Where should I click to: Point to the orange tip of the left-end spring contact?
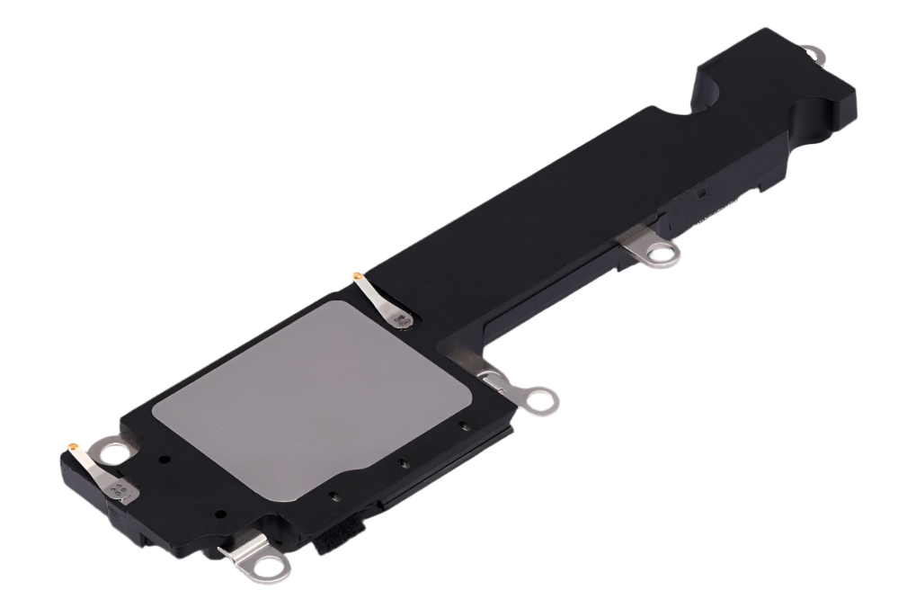pyautogui.click(x=72, y=444)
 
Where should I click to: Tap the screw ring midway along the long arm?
pyautogui.click(x=664, y=256)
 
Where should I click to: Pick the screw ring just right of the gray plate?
pyautogui.click(x=541, y=400)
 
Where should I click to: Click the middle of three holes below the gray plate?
pyautogui.click(x=404, y=463)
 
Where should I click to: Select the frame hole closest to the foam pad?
pyautogui.click(x=333, y=496)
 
